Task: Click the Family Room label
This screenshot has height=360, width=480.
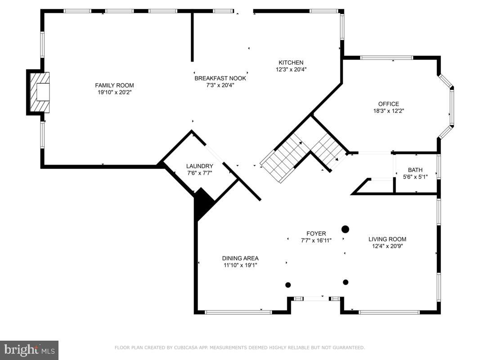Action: pyautogui.click(x=114, y=85)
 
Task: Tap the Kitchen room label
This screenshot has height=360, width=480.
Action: pyautogui.click(x=291, y=63)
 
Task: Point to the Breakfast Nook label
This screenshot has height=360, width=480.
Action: pyautogui.click(x=220, y=78)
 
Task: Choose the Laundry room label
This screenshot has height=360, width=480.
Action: pyautogui.click(x=199, y=166)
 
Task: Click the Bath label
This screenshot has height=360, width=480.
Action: pyautogui.click(x=415, y=170)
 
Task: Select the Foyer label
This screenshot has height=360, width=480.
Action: pyautogui.click(x=316, y=234)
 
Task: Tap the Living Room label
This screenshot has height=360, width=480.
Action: pyautogui.click(x=387, y=239)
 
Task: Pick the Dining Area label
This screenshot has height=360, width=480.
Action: pyautogui.click(x=240, y=258)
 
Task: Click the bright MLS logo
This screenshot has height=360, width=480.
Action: pyautogui.click(x=29, y=350)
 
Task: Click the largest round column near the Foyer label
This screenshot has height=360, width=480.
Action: pyautogui.click(x=345, y=229)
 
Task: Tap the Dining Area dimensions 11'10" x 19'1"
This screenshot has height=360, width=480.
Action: pyautogui.click(x=240, y=265)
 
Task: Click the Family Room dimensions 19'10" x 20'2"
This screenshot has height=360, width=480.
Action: pyautogui.click(x=114, y=92)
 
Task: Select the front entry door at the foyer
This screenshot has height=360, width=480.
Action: pyautogui.click(x=316, y=298)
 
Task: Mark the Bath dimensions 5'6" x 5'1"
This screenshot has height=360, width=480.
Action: pyautogui.click(x=415, y=177)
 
